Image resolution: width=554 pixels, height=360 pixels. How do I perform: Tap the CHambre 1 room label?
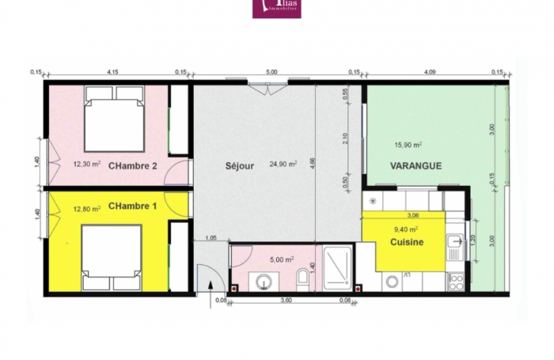(x=133, y=207)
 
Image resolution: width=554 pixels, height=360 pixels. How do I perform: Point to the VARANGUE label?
(x=415, y=165)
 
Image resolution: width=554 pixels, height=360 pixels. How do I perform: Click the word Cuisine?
(x=408, y=243)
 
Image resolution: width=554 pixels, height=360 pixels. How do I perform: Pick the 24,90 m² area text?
(x=283, y=165)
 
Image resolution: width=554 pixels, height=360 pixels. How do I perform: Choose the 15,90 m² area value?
(x=408, y=146)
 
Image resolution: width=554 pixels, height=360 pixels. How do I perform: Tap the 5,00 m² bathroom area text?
(x=283, y=259)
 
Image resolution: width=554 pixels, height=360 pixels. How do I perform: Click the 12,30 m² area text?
(x=87, y=165)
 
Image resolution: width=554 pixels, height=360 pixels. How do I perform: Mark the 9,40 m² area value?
(x=406, y=229)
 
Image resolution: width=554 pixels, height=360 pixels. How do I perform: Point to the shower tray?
(x=338, y=266)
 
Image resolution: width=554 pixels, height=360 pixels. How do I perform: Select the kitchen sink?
(x=456, y=244)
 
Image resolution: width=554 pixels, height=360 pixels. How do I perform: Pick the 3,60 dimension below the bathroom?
(x=287, y=300)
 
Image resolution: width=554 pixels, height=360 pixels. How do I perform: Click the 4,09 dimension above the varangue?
(x=430, y=72)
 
